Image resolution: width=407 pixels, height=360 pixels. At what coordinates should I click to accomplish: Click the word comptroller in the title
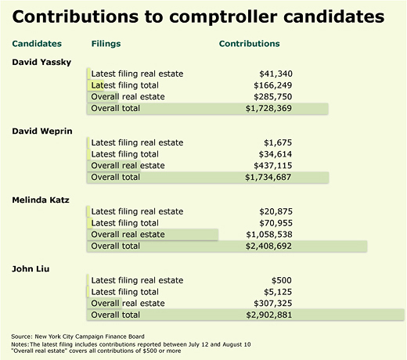pos(224,17)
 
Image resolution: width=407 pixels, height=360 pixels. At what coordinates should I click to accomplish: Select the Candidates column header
pos(37,44)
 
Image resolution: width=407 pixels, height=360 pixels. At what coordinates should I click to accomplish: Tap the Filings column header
pos(106,44)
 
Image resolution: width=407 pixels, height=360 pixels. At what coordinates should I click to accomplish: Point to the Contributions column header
pos(250,44)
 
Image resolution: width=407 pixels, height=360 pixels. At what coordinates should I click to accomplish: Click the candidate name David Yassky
pos(41,62)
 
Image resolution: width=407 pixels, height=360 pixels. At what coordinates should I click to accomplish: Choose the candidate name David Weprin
pos(42,131)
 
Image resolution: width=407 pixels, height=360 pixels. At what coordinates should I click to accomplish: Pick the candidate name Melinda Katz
pos(41,200)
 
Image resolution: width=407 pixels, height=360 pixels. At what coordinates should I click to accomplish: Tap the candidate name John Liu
pos(31,268)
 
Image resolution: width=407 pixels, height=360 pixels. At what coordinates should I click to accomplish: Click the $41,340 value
pos(276,74)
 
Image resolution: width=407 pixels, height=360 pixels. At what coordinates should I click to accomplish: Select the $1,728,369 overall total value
pos(268,108)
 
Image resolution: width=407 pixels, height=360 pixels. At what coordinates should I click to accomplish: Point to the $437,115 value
pos(273,166)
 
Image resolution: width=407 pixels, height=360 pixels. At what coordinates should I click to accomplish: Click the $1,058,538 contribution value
pos(269,235)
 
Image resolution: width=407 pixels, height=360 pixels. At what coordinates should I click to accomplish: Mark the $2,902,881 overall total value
pos(269,315)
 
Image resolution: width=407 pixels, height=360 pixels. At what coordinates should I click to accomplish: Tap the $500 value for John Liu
pos(282,280)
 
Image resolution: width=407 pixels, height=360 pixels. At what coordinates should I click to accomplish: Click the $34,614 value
pos(276,154)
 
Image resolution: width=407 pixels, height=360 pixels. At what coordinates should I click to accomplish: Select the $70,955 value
pos(276,223)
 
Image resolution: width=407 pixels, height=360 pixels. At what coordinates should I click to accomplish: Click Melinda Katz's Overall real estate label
pos(128,235)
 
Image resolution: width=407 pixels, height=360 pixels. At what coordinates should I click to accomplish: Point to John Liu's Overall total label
pos(116,315)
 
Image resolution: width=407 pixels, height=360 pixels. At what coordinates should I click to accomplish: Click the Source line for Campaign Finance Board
pos(77,337)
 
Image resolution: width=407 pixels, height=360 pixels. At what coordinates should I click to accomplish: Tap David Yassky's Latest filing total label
pos(125,85)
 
